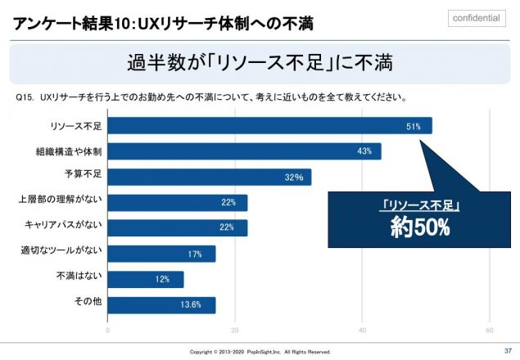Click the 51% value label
tap(414, 126)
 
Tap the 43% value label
tap(364, 151)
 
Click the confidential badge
tap(476, 19)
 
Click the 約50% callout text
tap(420, 228)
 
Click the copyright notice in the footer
tap(260, 352)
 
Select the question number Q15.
tap(25, 97)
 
